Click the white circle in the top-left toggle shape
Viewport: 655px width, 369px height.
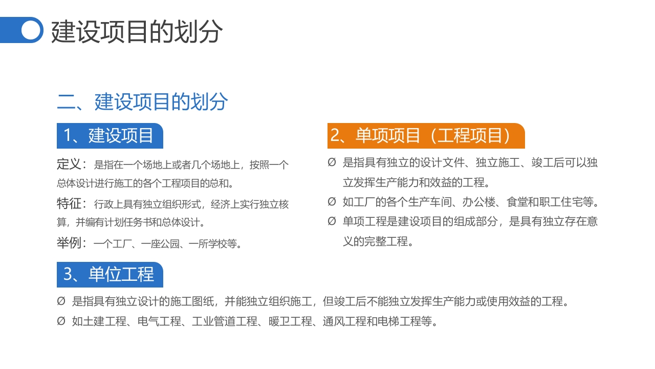pos(31,30)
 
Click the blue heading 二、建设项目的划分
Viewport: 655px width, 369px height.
pos(142,102)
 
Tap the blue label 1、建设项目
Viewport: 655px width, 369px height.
pos(109,136)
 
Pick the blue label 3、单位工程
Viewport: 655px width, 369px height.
pos(109,274)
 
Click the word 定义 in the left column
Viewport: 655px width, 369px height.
pos(69,165)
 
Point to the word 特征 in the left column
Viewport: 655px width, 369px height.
pos(69,204)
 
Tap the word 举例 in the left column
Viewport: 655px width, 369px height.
pos(69,243)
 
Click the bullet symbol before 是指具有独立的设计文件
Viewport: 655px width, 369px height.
pos(332,163)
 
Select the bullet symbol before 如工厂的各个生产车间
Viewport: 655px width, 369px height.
pos(332,202)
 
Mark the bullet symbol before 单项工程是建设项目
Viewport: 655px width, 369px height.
pos(332,221)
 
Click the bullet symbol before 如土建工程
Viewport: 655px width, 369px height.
pos(61,322)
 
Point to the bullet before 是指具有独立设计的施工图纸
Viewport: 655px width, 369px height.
pos(61,301)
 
